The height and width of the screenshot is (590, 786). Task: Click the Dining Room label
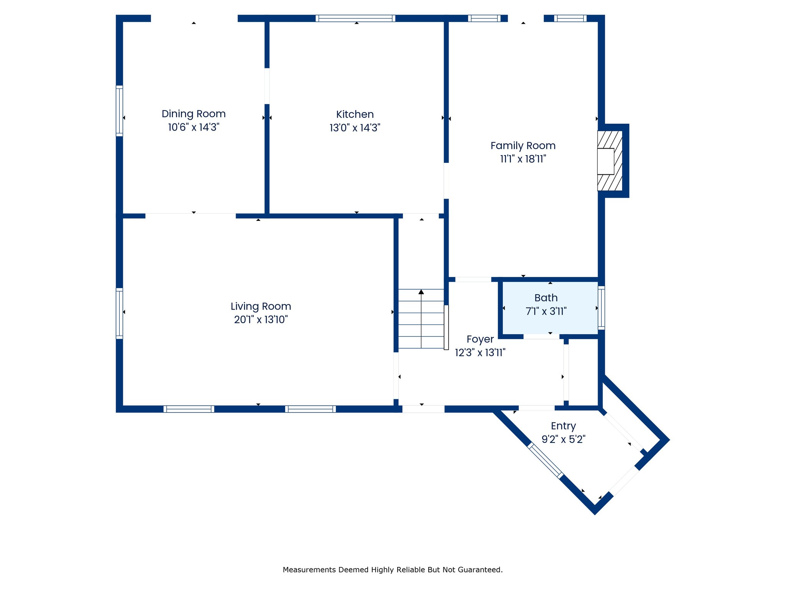(x=193, y=114)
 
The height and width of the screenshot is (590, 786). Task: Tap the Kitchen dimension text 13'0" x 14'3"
(x=355, y=128)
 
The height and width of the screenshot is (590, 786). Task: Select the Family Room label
(x=523, y=146)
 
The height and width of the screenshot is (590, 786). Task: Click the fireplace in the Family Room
(x=610, y=161)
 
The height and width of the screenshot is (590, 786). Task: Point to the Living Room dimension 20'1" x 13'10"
(x=261, y=319)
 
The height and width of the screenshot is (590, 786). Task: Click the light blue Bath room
(x=550, y=308)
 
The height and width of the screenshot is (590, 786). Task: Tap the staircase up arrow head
(x=421, y=292)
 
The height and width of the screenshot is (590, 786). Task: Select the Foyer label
(x=480, y=339)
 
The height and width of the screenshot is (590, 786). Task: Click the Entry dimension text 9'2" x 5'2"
(x=563, y=439)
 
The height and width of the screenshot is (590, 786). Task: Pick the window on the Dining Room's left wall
(x=119, y=111)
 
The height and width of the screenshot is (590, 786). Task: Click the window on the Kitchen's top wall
(x=355, y=18)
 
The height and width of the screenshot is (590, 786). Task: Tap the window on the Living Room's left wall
(x=119, y=313)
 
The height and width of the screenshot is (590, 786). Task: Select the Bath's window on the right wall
(x=601, y=308)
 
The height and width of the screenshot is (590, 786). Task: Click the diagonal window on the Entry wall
(x=545, y=460)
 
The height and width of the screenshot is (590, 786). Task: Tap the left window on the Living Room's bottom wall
(x=189, y=409)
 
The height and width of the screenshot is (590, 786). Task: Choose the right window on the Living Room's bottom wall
(x=310, y=409)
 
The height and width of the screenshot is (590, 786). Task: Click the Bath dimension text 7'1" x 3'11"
(x=546, y=311)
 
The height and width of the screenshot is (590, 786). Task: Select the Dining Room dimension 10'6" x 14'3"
(x=193, y=127)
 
